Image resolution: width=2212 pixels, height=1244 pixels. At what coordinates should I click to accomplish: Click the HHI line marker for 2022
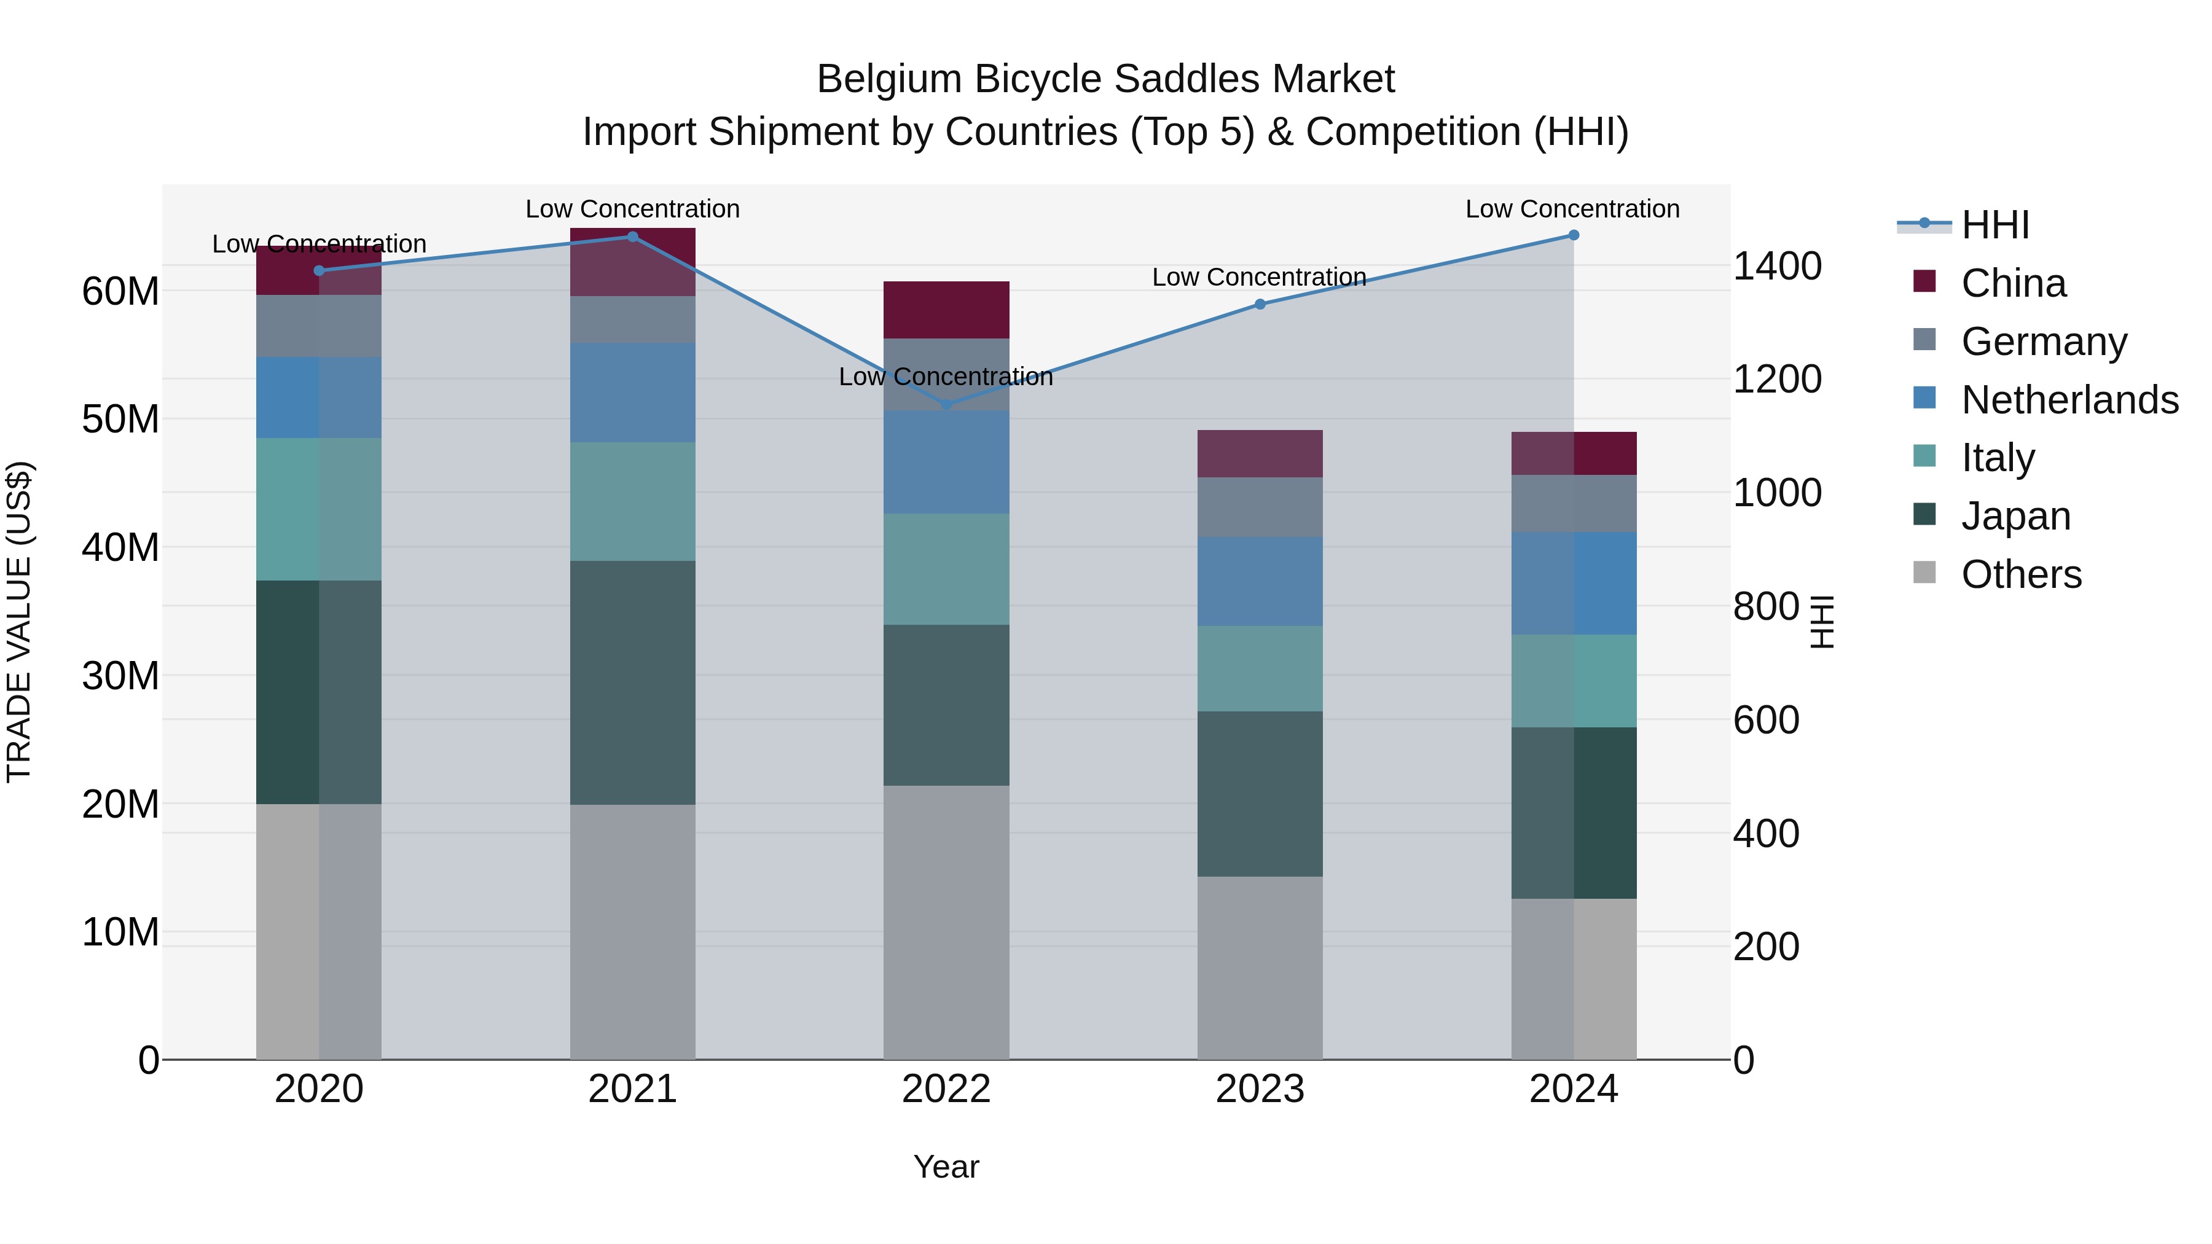946,404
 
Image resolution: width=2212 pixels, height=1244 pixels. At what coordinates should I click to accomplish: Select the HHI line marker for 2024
1573,235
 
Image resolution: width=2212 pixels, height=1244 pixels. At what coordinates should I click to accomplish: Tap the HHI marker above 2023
1260,304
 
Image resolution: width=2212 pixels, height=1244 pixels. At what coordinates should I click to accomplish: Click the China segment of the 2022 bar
946,310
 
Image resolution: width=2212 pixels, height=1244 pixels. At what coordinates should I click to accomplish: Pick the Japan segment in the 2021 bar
633,683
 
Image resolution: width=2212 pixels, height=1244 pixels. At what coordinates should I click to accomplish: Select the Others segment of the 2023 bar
1260,968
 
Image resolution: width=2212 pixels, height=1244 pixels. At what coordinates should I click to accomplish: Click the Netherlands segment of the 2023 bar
1260,581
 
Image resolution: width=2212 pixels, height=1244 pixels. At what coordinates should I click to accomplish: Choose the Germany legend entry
2044,342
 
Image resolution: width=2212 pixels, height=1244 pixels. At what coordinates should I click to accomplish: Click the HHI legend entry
1994,225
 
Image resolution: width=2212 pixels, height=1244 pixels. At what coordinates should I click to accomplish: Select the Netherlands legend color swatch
1924,398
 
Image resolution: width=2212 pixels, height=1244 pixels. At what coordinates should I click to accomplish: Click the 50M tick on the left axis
120,420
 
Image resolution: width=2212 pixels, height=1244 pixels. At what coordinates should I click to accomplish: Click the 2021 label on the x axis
633,1089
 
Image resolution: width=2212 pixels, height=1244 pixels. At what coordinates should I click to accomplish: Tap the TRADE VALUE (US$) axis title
19,622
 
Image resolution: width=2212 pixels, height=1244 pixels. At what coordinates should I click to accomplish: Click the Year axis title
946,1167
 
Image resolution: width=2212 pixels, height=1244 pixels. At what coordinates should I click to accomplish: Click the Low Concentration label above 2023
1259,277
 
